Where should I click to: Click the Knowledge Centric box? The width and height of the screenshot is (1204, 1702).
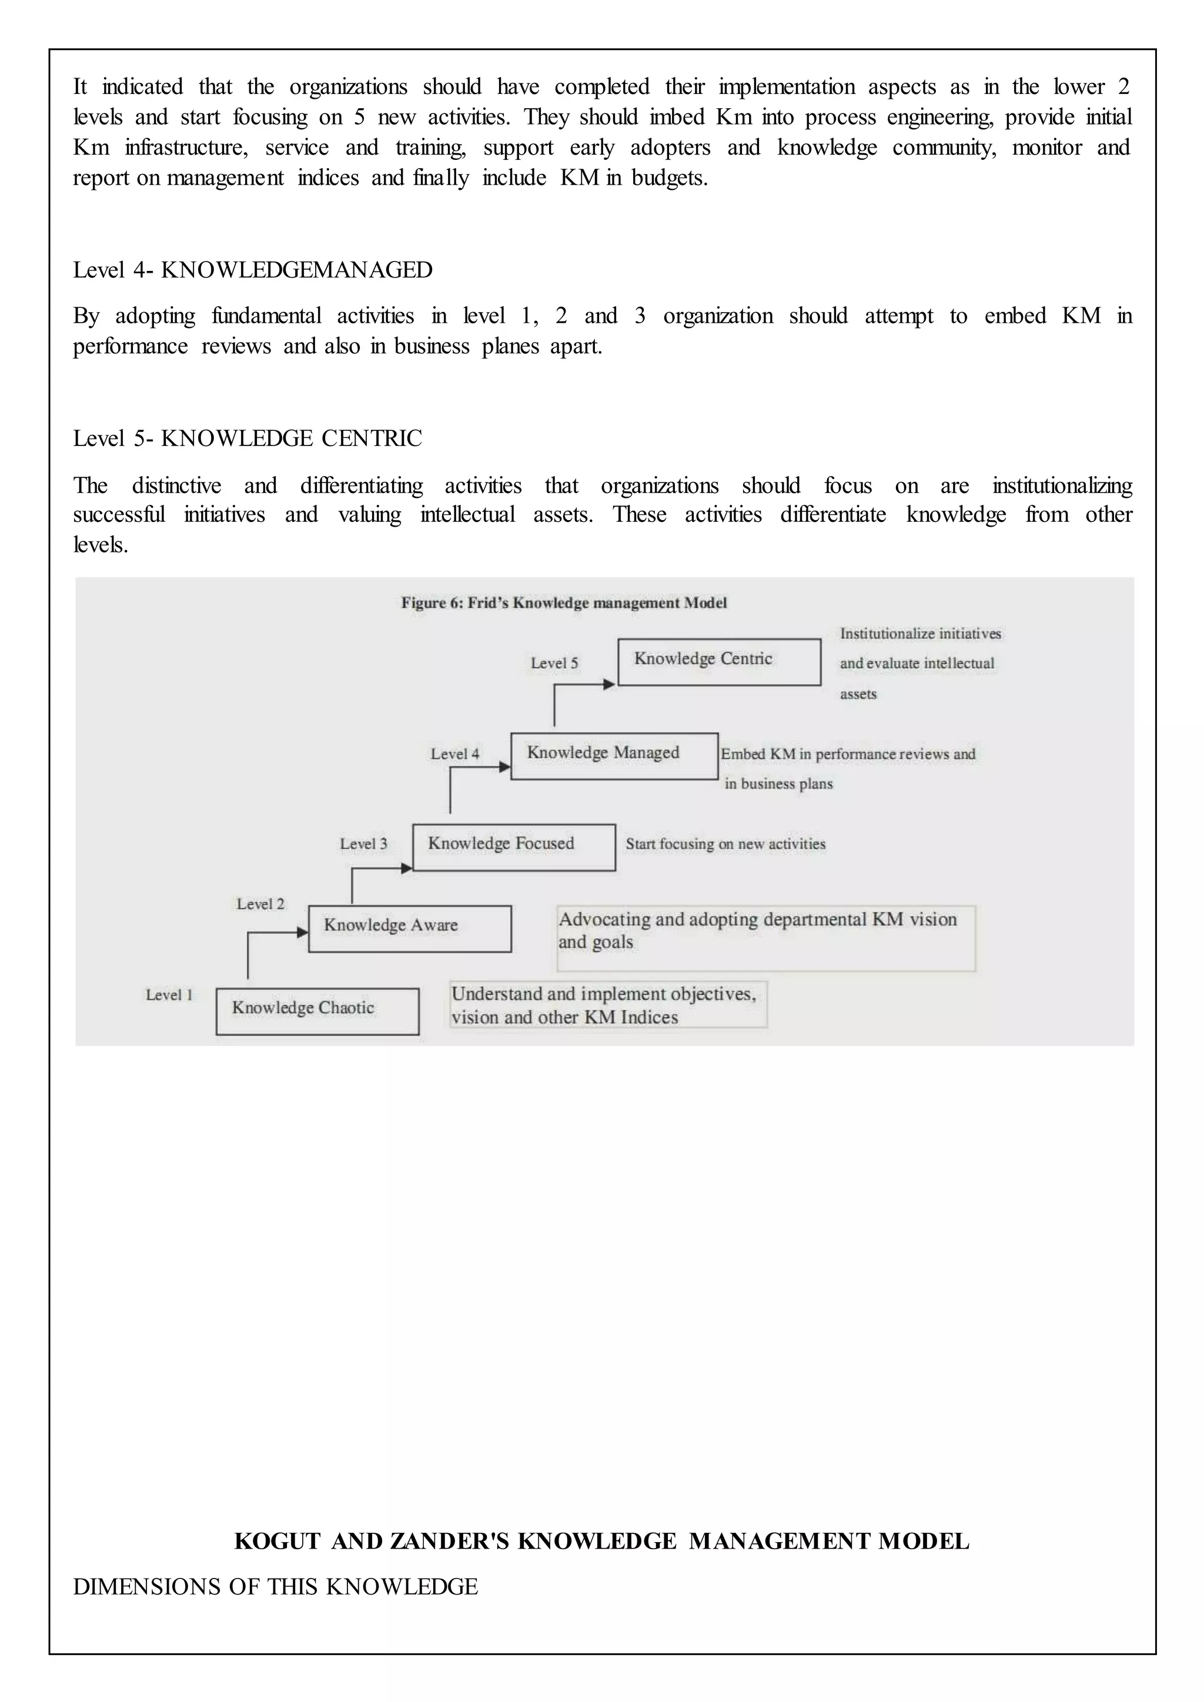(x=718, y=662)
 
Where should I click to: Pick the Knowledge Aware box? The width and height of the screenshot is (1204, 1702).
(x=409, y=928)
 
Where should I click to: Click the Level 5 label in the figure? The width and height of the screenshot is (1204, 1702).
(x=554, y=664)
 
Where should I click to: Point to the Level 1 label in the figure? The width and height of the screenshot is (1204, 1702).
(x=169, y=995)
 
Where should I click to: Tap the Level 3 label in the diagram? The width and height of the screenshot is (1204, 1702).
(x=363, y=843)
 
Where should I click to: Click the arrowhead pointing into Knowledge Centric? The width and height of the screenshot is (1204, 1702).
(x=610, y=684)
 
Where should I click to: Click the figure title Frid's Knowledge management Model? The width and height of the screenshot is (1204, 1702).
(x=563, y=602)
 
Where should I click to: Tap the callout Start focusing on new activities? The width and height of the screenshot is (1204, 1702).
(x=725, y=843)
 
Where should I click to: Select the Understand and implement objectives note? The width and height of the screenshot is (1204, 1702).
(x=607, y=1004)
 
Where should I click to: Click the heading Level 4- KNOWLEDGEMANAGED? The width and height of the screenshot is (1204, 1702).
(x=252, y=270)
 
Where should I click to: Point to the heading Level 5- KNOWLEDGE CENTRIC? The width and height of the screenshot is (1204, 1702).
(x=247, y=438)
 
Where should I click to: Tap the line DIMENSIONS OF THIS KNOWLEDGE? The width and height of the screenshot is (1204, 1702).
(x=275, y=1586)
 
